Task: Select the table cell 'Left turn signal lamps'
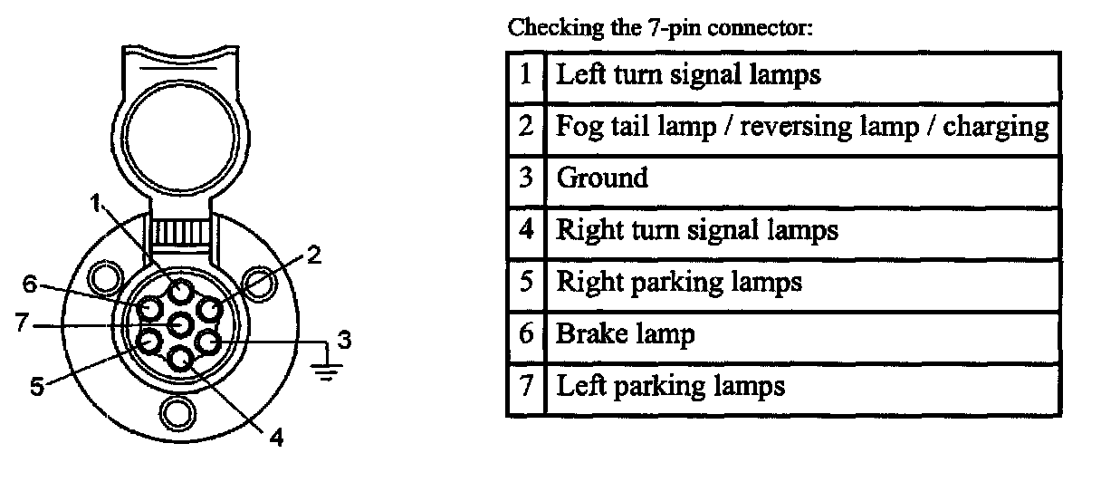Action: pyautogui.click(x=688, y=73)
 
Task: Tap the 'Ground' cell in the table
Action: pyautogui.click(x=602, y=177)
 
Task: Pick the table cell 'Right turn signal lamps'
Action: pyautogui.click(x=696, y=229)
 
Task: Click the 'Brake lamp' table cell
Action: pyautogui.click(x=625, y=334)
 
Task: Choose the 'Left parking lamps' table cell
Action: pyautogui.click(x=669, y=387)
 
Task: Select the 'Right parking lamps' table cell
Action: pyautogui.click(x=678, y=282)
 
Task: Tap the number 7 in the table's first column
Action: pyautogui.click(x=526, y=387)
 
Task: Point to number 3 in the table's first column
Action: pyautogui.click(x=526, y=177)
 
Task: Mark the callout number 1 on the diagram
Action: pyautogui.click(x=95, y=205)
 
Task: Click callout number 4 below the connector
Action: pyautogui.click(x=277, y=438)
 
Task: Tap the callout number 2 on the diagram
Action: pyautogui.click(x=313, y=255)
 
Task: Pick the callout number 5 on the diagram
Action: pyautogui.click(x=37, y=387)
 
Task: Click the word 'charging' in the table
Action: pyautogui.click(x=996, y=126)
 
